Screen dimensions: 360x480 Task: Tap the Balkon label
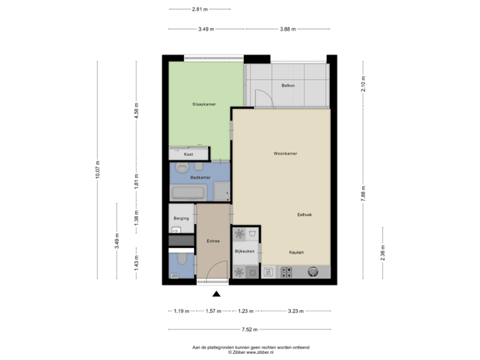288,86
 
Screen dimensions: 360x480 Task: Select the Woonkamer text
285,153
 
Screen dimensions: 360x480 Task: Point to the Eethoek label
305,214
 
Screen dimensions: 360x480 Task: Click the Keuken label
297,253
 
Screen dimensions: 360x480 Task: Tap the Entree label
213,241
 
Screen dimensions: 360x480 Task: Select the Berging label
181,218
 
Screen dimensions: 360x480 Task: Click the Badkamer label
201,178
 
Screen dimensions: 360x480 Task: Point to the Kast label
188,154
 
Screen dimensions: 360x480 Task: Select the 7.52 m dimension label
249,329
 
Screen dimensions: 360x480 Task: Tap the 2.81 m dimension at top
200,9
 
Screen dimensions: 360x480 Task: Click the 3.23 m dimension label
296,311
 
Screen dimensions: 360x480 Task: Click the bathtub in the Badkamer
189,193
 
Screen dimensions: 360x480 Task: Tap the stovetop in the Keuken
287,272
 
